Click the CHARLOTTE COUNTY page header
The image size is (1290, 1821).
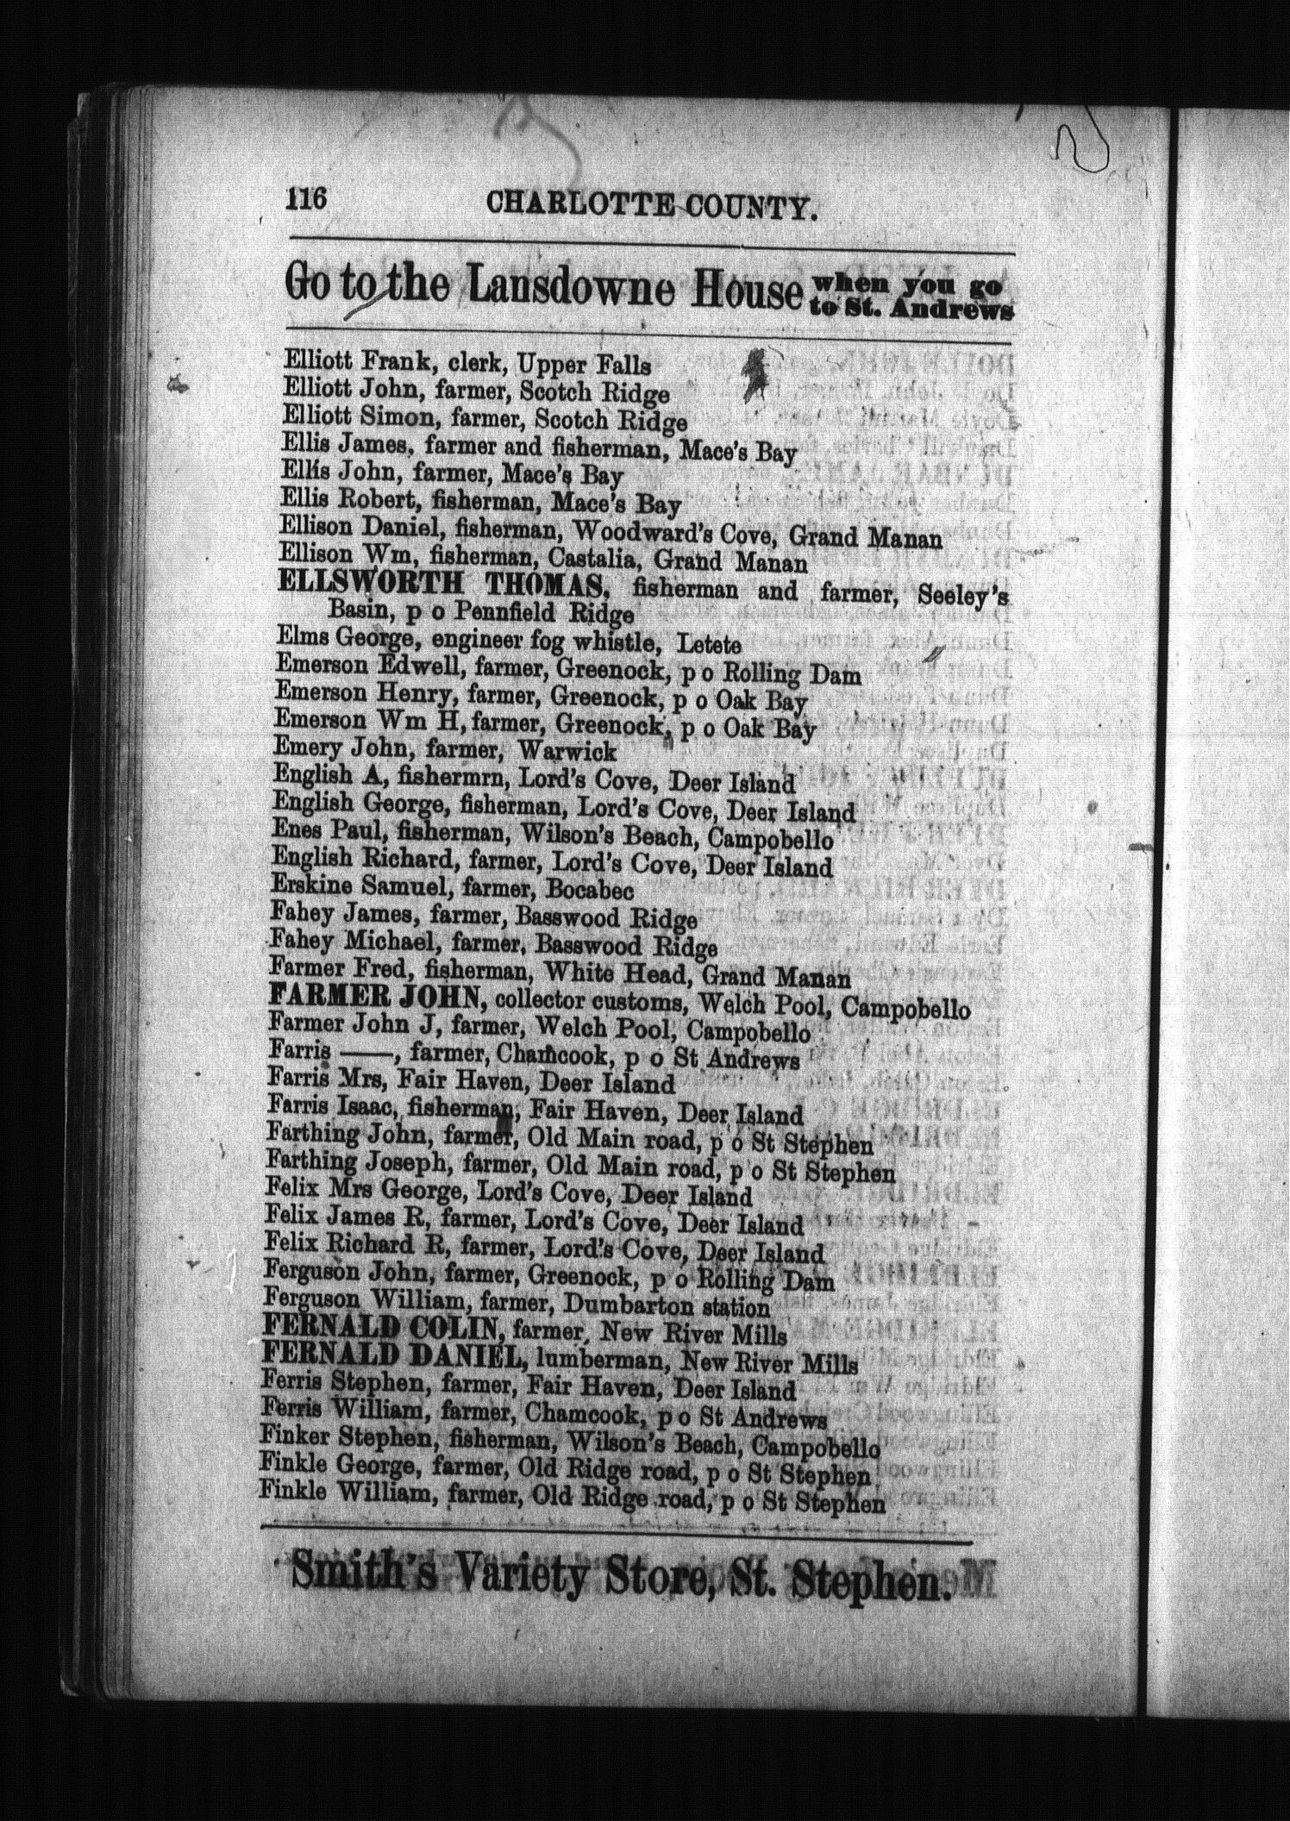[651, 207]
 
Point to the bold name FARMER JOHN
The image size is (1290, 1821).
[374, 999]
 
